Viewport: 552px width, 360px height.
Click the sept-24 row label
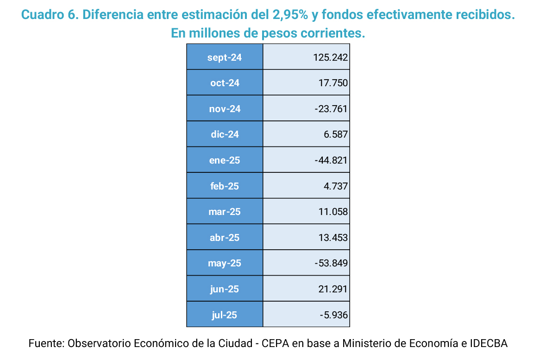coord(225,57)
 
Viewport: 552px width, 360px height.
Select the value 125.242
coord(330,57)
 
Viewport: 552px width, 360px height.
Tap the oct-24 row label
coord(225,83)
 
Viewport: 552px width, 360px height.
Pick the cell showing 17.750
coord(333,83)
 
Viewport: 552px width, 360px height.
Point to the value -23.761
coord(331,109)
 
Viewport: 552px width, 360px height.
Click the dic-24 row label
coord(225,134)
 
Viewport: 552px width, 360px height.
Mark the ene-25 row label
coord(225,160)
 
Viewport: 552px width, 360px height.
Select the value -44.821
coord(331,160)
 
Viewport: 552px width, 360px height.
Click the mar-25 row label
coord(225,212)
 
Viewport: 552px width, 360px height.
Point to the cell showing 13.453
coord(333,238)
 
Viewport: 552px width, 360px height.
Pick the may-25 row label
coord(225,263)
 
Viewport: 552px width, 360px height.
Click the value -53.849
coord(331,263)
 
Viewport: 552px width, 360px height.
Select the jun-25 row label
coord(225,289)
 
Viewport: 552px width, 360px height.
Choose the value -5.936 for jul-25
coord(333,315)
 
